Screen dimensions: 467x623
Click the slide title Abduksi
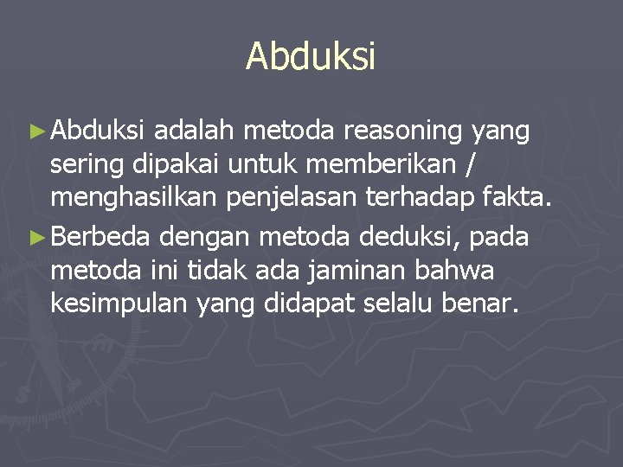click(x=311, y=57)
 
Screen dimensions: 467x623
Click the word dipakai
click(x=168, y=165)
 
